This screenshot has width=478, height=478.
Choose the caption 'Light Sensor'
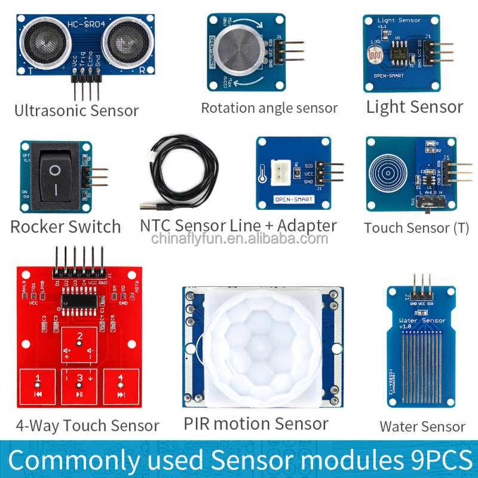click(x=414, y=107)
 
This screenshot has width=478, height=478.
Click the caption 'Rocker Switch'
click(x=66, y=227)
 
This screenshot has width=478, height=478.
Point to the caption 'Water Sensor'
click(x=422, y=427)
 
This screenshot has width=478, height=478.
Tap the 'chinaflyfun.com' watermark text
click(x=239, y=240)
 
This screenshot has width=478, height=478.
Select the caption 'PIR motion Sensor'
click(x=256, y=424)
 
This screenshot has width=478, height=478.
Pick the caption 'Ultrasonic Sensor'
click(x=76, y=111)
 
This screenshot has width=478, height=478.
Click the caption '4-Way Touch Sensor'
click(x=87, y=425)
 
